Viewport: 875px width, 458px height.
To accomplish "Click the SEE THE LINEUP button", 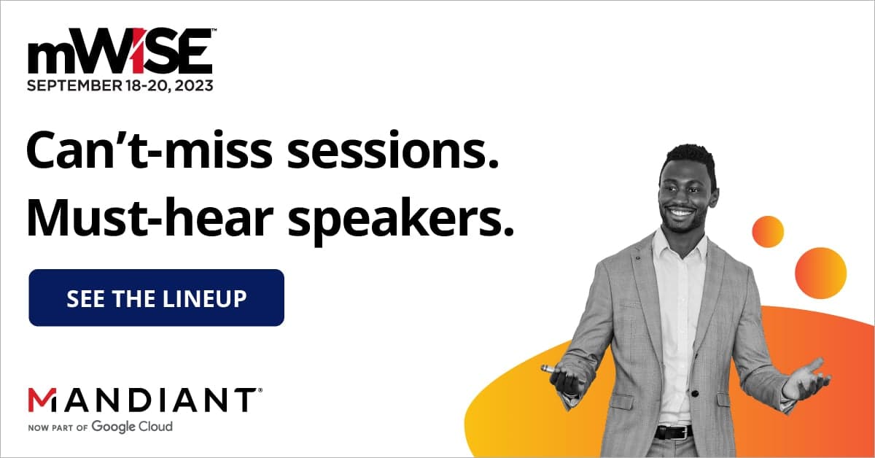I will (156, 298).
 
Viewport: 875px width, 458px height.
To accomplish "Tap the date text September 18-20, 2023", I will (121, 85).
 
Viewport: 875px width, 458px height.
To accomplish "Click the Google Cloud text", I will (132, 427).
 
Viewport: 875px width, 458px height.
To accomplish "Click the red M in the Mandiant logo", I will (42, 400).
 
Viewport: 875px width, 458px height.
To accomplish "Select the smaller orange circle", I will (767, 231).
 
